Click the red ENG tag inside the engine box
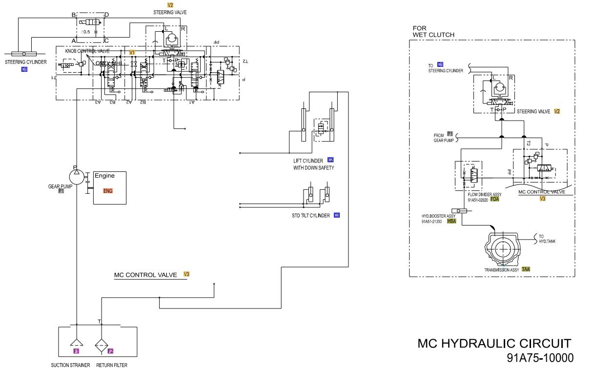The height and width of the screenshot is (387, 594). (108, 191)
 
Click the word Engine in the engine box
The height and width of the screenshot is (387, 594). (104, 176)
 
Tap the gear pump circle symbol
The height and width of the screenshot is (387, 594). (76, 174)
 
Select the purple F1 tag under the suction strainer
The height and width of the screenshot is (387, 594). (76, 351)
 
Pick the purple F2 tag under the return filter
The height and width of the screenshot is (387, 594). (110, 351)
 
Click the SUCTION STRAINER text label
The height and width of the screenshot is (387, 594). (70, 365)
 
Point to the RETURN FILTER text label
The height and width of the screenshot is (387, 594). (112, 365)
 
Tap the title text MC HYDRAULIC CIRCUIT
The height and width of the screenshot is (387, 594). (494, 344)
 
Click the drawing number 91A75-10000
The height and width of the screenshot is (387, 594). (540, 358)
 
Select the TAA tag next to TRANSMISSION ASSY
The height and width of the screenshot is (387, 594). (526, 269)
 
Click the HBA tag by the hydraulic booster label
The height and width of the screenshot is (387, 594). (451, 221)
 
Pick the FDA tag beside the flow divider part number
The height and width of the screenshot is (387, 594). (495, 199)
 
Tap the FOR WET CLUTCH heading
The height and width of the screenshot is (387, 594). (433, 32)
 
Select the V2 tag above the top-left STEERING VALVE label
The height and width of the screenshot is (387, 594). (170, 5)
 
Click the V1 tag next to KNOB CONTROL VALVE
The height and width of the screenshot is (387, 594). (132, 52)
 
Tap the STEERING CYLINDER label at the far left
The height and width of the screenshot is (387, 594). (26, 62)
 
